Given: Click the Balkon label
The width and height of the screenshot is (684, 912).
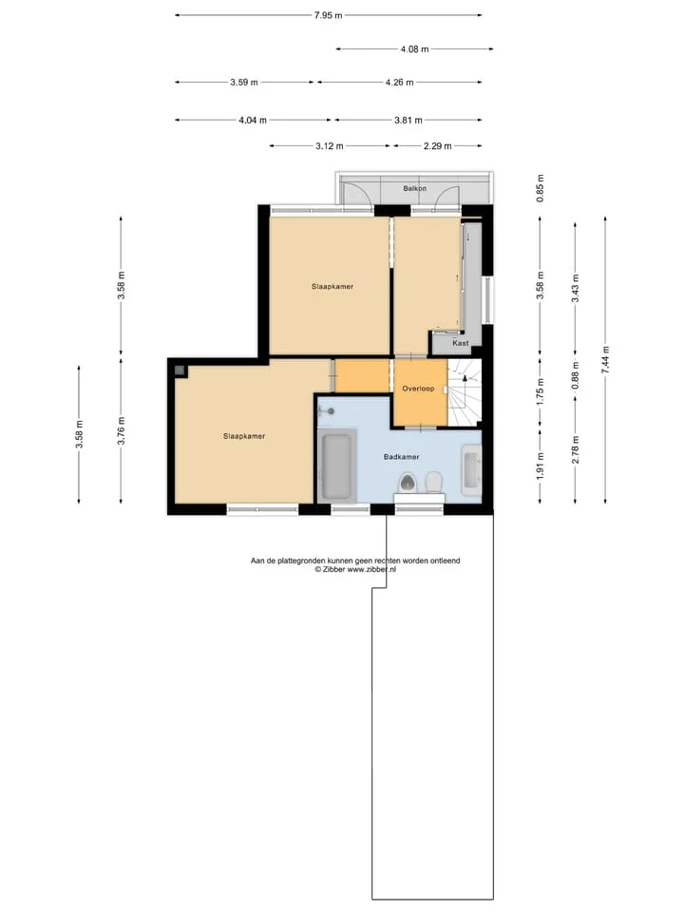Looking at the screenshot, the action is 415,188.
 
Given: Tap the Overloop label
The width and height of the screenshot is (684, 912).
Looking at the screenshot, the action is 418,389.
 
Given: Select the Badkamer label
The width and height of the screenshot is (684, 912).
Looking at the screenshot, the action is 401,457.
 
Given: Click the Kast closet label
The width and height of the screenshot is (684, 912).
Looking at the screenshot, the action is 461,343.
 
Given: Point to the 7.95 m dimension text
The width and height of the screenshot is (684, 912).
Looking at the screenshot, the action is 328,16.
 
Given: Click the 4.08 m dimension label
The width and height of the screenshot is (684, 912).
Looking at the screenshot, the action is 414,49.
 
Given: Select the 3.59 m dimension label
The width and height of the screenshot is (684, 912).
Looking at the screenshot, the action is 244,83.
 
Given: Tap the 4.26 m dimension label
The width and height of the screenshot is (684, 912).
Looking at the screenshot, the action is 399,83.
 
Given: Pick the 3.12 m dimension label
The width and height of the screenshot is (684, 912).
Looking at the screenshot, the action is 330,146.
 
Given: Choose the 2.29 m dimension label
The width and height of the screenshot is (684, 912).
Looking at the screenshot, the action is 437,146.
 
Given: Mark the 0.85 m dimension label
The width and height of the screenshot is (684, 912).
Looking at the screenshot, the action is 541,188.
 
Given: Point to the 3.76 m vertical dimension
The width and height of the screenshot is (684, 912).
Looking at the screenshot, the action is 121,431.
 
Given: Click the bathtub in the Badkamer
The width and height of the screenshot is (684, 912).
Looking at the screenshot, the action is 336,466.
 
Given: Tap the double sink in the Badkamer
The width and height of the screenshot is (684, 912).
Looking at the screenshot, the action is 472,470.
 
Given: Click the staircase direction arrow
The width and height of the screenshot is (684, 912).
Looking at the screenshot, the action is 465,378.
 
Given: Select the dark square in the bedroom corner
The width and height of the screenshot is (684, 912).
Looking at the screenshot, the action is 180,370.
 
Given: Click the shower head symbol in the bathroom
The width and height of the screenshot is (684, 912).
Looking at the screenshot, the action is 330,411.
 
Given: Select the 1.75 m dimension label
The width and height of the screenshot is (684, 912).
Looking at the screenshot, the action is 541,392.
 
